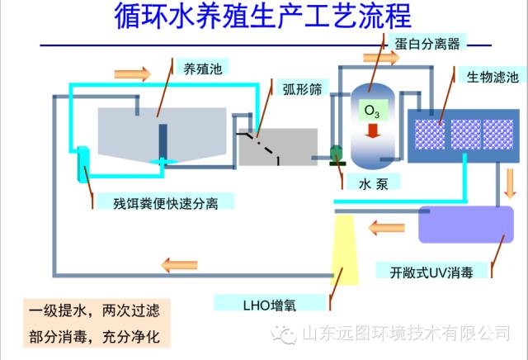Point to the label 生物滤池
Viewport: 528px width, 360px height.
pos(493,77)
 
